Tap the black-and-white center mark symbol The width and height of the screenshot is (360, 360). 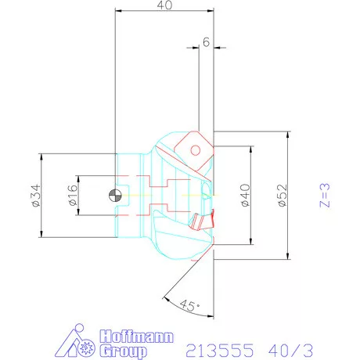[116, 194]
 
